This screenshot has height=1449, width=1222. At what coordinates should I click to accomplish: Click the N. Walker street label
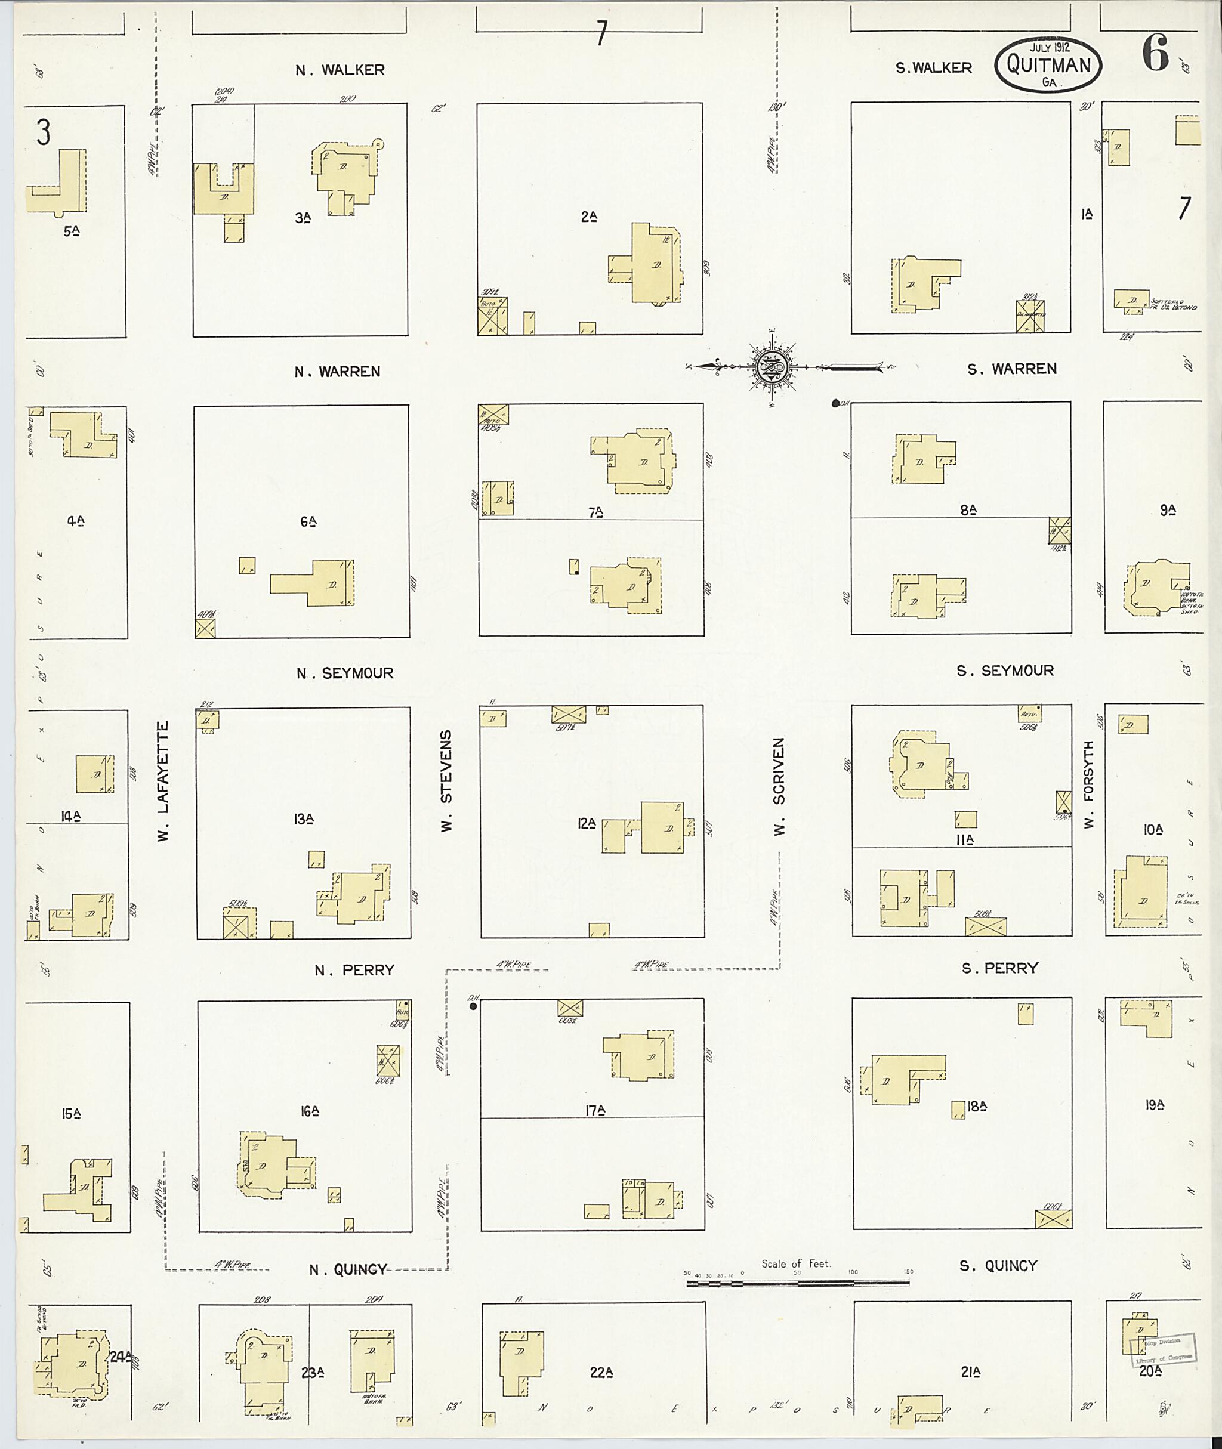pos(340,70)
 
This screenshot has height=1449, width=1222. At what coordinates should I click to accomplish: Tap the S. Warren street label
pos(1011,369)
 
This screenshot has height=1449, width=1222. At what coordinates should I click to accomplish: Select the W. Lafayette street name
pos(163,781)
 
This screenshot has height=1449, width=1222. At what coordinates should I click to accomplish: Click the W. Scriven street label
pos(780,786)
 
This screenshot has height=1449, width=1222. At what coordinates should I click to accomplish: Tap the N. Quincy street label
pos(348,1269)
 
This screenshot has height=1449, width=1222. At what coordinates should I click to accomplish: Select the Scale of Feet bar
pos(797,1283)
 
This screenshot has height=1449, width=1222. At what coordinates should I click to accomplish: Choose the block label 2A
pos(590,217)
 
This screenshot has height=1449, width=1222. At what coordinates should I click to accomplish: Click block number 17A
pos(595,1110)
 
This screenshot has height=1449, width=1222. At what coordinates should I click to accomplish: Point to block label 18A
pos(976,1106)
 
